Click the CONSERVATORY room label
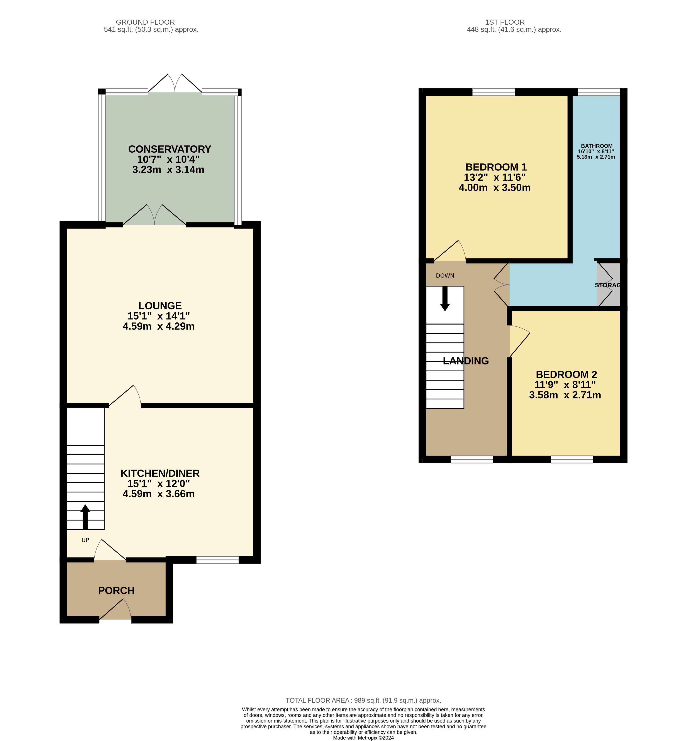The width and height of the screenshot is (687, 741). click(x=170, y=149)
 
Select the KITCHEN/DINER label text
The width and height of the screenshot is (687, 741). click(x=160, y=473)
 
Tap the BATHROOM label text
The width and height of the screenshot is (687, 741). click(x=597, y=146)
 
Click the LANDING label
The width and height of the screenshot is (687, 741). click(x=466, y=361)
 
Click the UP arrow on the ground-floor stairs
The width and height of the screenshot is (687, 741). click(x=85, y=517)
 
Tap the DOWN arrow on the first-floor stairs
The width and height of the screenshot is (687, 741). click(x=445, y=299)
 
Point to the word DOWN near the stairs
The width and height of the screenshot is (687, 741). click(x=445, y=276)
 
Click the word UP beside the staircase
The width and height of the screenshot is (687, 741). click(x=85, y=540)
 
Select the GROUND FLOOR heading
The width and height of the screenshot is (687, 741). click(x=145, y=22)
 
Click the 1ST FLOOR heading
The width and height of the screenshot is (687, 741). click(x=505, y=22)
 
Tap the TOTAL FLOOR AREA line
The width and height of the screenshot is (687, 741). click(x=363, y=701)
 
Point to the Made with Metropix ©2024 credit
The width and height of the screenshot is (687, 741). click(x=363, y=738)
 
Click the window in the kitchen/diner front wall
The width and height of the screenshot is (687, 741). click(x=217, y=560)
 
